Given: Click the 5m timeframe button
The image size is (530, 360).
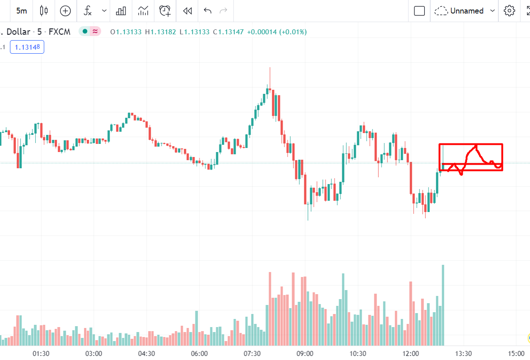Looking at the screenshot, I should coord(22,11).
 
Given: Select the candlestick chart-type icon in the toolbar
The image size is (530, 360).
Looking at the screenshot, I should coord(44,11).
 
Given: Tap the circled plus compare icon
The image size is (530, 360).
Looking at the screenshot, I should coord(65,11).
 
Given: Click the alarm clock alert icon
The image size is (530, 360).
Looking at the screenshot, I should coord(165,11).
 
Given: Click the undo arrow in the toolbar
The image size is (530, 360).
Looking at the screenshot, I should coord(208,11).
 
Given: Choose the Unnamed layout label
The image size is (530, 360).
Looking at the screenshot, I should coord(467,11).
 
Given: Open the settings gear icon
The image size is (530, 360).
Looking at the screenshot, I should coord(510,11).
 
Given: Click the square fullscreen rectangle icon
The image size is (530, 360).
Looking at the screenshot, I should coord(419,11).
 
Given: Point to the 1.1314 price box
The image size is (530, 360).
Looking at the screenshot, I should coord(27,47).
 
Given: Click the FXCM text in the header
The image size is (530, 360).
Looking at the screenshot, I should coord(60,32).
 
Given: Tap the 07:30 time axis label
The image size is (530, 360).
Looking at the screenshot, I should coord(252,353).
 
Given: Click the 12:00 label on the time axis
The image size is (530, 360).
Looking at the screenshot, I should coord(410,353).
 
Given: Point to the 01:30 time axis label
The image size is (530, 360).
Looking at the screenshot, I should coord(41,353).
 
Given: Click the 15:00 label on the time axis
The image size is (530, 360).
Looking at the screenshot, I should coord(516,353).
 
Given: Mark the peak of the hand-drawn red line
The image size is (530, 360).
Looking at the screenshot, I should coord(476,146).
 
